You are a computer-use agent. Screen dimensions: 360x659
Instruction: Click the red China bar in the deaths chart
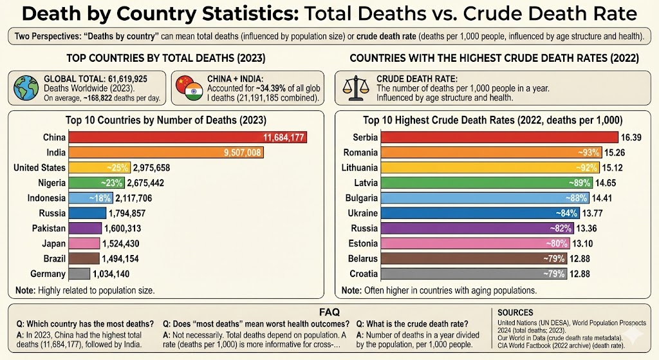(x=187, y=137)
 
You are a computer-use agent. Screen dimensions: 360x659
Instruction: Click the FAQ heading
(x=328, y=312)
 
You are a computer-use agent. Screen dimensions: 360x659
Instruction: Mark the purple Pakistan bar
(x=85, y=229)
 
